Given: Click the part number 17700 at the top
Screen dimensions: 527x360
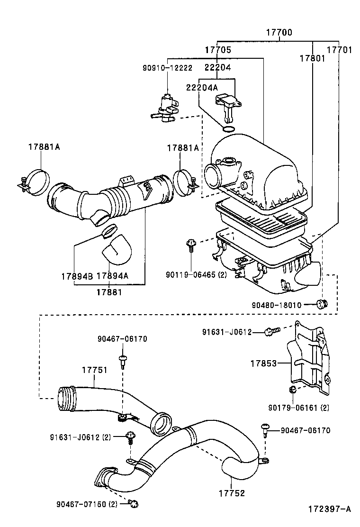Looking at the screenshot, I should point(279,33).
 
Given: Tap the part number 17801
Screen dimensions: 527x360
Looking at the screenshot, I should point(312,58).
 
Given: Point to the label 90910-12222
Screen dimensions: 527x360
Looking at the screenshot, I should point(167,68).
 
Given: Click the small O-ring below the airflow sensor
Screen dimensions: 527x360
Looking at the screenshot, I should point(228,129).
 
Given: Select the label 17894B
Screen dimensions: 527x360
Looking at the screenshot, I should point(77,276).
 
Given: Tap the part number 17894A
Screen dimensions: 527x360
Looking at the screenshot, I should point(112,276).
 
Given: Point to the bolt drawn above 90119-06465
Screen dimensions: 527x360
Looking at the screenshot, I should point(190,245).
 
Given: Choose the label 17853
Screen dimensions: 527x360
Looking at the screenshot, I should point(264,363).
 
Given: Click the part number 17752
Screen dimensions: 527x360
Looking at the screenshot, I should point(232,493).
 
